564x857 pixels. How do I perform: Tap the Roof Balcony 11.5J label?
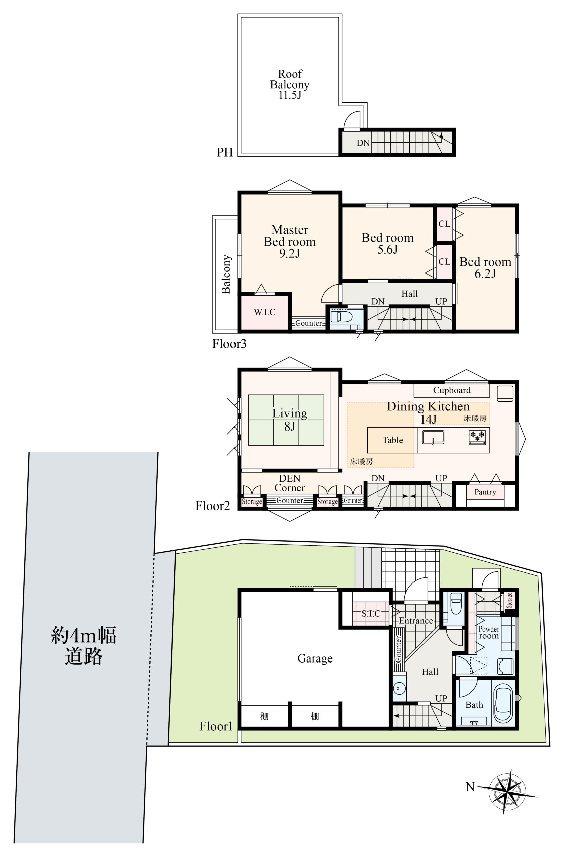tap(290, 84)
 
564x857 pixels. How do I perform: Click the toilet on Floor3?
tap(341, 316)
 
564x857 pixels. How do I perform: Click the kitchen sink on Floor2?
tap(433, 437)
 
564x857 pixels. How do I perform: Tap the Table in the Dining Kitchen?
tap(393, 440)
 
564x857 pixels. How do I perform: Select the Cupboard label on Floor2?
tap(452, 390)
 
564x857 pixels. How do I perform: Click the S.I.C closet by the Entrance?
tap(370, 614)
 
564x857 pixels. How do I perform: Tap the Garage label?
tap(315, 658)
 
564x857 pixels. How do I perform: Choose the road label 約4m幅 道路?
tap(84, 645)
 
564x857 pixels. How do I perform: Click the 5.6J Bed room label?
tap(388, 244)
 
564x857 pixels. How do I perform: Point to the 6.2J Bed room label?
tap(485, 268)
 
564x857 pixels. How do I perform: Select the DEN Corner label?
tap(290, 483)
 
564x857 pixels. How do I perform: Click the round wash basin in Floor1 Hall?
tap(399, 689)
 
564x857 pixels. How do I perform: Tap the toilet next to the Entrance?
tap(456, 604)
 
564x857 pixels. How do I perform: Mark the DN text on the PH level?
tap(363, 143)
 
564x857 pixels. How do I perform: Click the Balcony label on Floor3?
tap(226, 274)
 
